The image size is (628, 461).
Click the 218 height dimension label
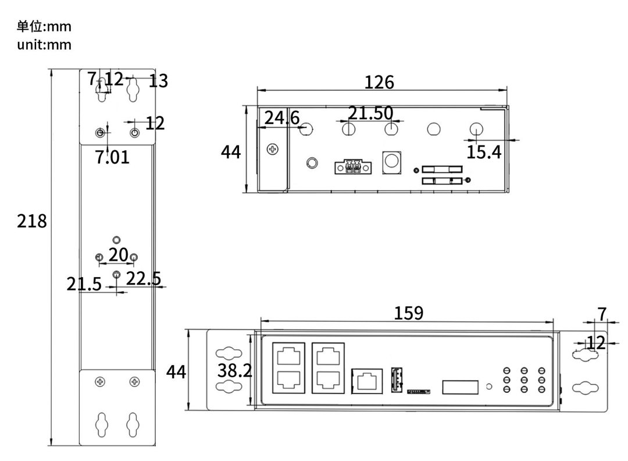tap(31, 221)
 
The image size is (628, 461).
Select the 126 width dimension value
tap(379, 83)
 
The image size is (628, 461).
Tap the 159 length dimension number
tap(409, 313)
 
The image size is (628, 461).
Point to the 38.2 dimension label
tap(235, 370)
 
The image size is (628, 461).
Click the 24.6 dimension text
tap(282, 118)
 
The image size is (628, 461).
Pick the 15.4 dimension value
tap(484, 153)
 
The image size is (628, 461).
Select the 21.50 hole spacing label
tap(371, 113)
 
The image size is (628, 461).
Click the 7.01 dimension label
tap(113, 157)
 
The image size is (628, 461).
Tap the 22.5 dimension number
tap(144, 279)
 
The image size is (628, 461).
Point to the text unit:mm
tap(44, 45)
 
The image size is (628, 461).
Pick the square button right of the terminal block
tap(391, 162)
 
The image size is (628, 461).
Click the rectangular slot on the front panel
tap(460, 387)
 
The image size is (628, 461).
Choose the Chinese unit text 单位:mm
tap(44, 27)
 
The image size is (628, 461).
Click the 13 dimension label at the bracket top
tap(158, 81)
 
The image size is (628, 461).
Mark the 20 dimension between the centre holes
tap(118, 254)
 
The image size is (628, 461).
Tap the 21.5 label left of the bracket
tap(84, 284)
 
